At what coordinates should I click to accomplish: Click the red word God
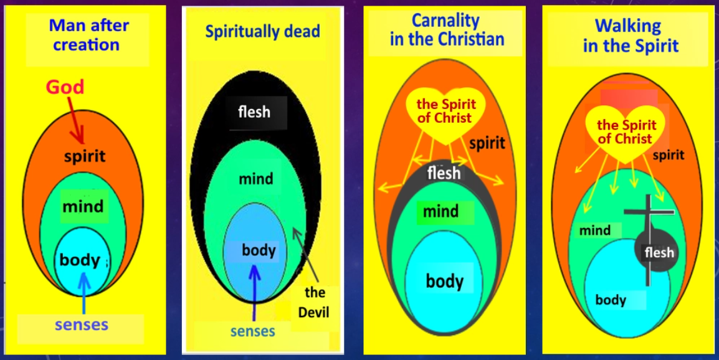65,87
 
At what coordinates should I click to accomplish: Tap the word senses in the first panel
81,324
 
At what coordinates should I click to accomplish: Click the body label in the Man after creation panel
80,259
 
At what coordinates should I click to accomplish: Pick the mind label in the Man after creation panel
83,206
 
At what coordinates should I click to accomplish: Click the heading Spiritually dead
262,31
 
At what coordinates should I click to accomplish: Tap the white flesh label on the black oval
254,112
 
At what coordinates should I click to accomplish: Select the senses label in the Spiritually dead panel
252,331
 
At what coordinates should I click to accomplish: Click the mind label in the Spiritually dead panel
255,179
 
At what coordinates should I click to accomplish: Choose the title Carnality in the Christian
446,30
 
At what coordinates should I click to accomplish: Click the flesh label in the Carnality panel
444,173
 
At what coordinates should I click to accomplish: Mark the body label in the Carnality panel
444,281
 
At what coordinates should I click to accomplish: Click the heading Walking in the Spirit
627,36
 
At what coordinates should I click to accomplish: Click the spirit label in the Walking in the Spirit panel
668,154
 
